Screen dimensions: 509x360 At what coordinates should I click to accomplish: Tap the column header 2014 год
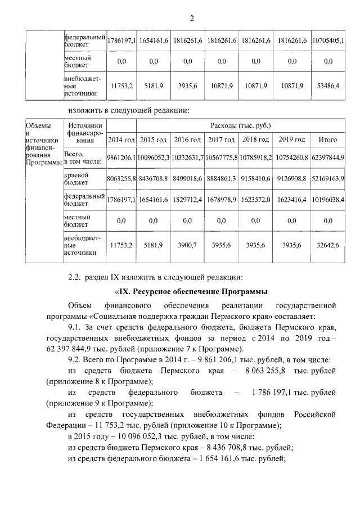121,139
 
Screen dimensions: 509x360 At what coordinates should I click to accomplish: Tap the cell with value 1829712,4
188,199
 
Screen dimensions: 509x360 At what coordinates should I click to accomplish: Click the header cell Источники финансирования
84,133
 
